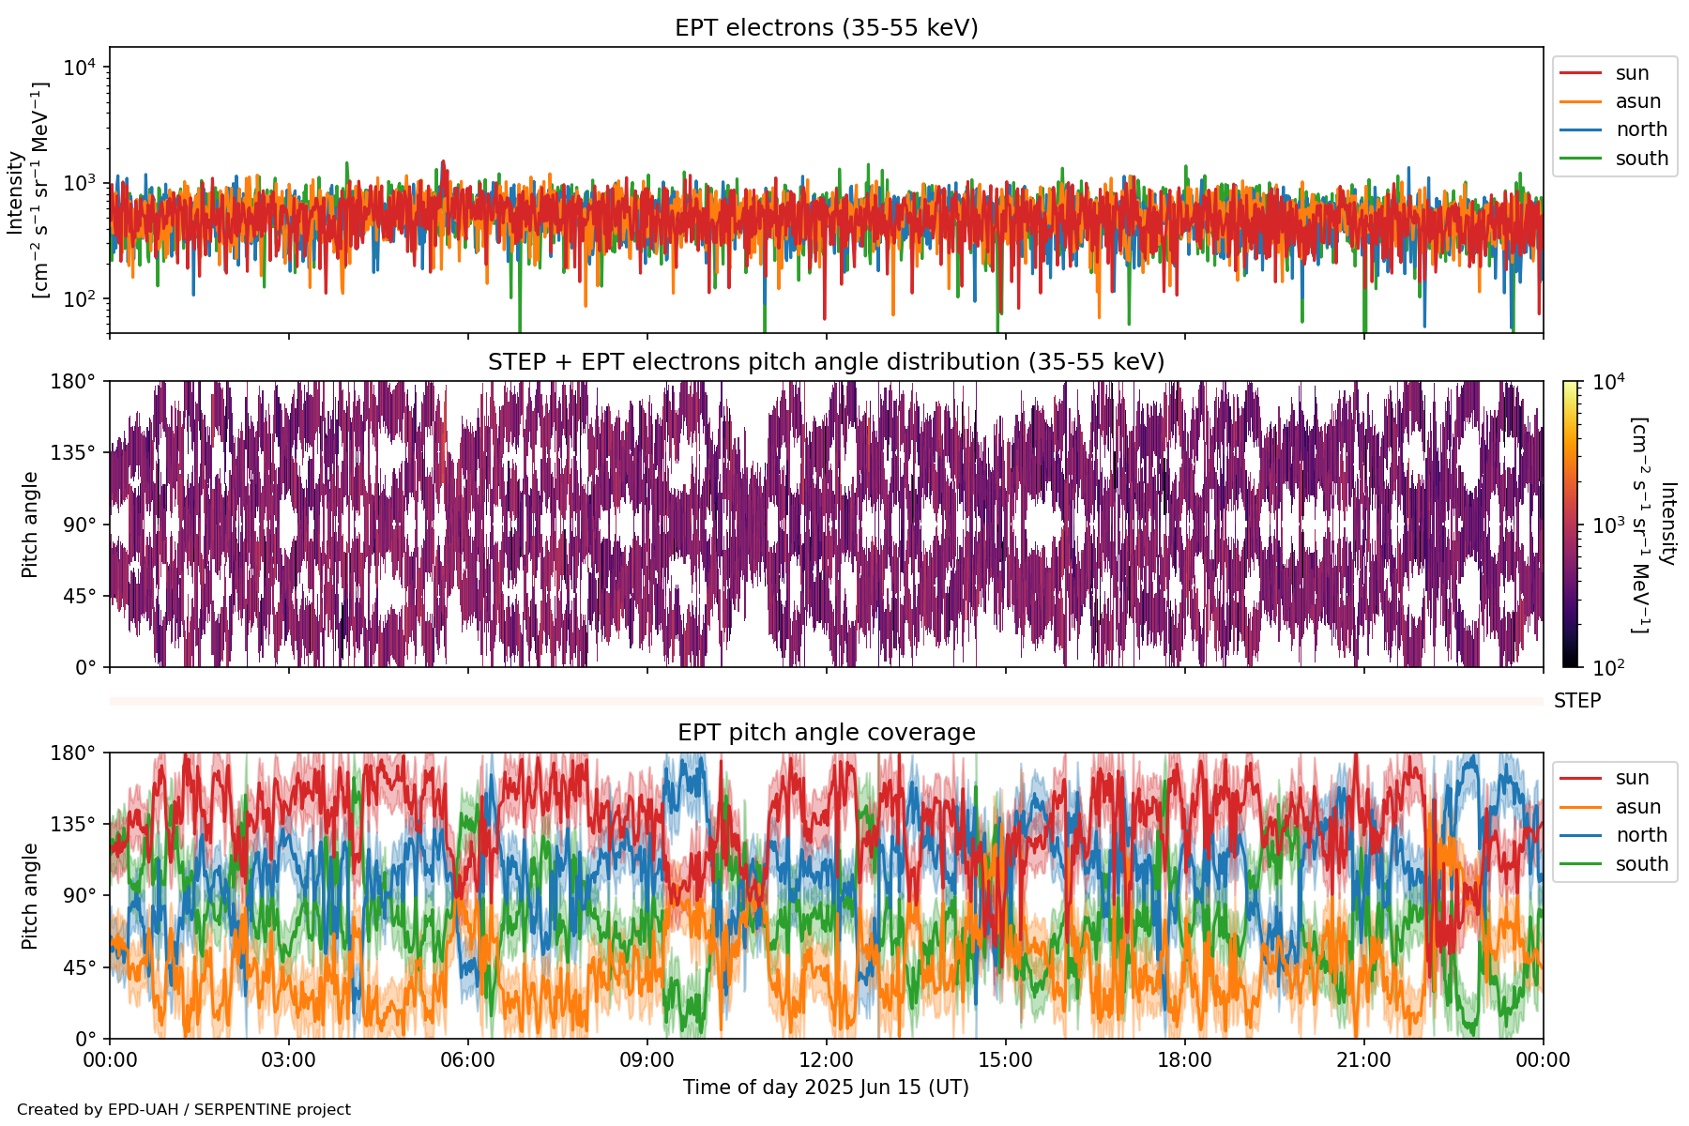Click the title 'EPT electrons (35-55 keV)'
(826, 28)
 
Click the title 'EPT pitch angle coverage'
(826, 733)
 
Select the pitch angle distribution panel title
(826, 362)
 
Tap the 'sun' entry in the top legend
(1632, 73)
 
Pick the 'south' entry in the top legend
(1641, 159)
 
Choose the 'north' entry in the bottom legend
(1641, 835)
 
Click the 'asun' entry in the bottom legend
(1637, 807)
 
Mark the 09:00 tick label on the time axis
(647, 1060)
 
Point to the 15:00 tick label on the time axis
(1005, 1060)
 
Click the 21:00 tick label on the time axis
(1363, 1060)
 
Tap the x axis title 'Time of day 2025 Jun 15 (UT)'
(826, 1088)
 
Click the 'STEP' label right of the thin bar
(1576, 701)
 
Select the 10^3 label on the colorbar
(1608, 525)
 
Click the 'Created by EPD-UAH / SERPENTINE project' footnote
(184, 1110)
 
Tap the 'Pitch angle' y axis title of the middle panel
(30, 525)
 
